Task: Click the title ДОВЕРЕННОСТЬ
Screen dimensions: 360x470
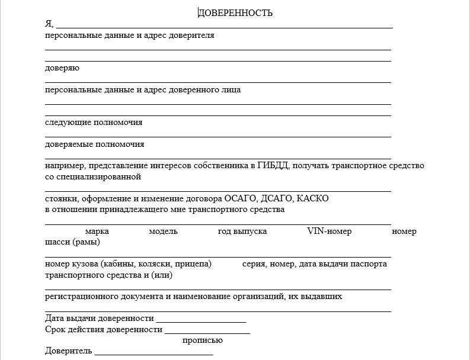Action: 235,12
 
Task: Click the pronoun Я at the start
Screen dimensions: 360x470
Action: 49,24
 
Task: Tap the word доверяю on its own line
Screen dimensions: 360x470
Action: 62,68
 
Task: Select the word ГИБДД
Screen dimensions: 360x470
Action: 273,166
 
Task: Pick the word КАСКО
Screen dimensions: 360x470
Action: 312,198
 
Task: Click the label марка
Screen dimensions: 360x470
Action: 97,231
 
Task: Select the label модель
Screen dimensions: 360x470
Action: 163,231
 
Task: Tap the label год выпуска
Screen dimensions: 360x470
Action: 242,231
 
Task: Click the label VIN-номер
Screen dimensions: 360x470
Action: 329,231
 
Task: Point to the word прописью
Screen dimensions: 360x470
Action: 202,340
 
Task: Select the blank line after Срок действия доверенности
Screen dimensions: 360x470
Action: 207,330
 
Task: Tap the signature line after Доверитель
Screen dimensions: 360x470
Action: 154,353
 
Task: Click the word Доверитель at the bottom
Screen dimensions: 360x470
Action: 68,351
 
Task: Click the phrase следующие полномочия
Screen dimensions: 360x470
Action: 94,123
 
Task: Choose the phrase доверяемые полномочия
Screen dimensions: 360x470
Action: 94,144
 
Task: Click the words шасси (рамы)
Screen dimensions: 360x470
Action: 72,242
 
